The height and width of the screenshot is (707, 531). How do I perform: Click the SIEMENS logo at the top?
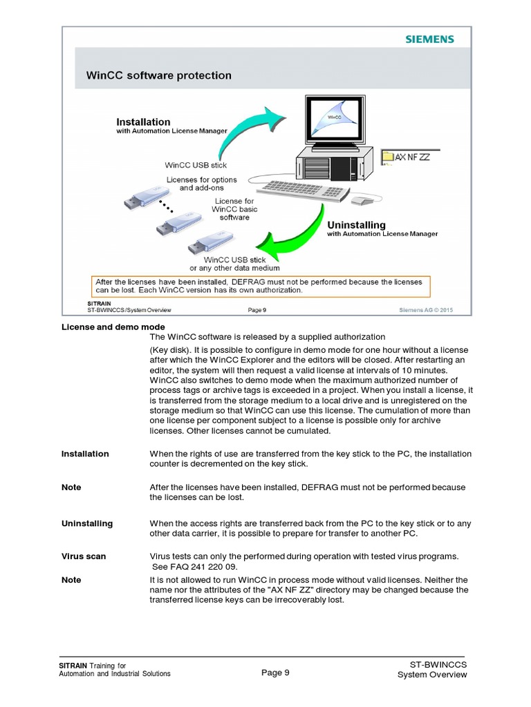[429, 39]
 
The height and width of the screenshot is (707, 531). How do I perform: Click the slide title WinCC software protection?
[158, 75]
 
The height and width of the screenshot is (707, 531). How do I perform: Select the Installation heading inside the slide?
[143, 122]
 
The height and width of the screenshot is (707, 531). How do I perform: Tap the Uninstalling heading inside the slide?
[356, 225]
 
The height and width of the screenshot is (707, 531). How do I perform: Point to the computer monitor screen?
[334, 123]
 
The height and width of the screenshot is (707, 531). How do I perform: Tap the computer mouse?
[362, 201]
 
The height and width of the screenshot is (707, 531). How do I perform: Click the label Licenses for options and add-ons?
[201, 184]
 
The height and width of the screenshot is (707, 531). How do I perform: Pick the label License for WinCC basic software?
[234, 209]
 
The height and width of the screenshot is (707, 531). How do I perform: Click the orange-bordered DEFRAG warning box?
[261, 286]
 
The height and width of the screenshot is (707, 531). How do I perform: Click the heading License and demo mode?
[113, 327]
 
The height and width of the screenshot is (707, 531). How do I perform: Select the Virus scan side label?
[84, 556]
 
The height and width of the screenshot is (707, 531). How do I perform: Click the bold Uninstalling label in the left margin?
[87, 523]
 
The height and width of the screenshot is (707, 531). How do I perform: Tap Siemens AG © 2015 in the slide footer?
[427, 310]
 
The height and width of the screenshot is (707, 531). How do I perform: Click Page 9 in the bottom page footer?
[275, 673]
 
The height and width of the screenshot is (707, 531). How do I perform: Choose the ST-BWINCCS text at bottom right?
[438, 664]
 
